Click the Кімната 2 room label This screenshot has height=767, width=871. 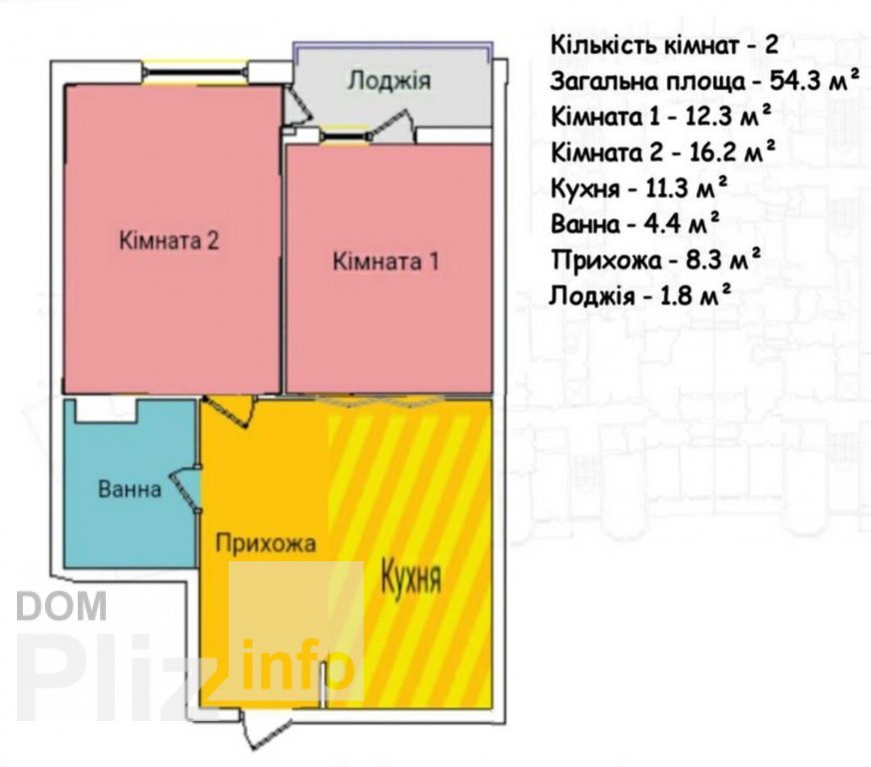(170, 241)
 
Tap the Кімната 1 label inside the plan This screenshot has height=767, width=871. (387, 261)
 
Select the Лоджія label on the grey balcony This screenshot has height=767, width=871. (389, 81)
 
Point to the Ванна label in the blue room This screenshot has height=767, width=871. (130, 489)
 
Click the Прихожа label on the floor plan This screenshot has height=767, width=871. (266, 543)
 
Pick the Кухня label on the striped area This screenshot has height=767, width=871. (412, 577)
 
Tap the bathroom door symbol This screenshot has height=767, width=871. (186, 488)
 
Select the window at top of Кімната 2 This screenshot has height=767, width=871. (195, 72)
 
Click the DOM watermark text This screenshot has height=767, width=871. (62, 606)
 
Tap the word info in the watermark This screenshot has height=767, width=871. (299, 665)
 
